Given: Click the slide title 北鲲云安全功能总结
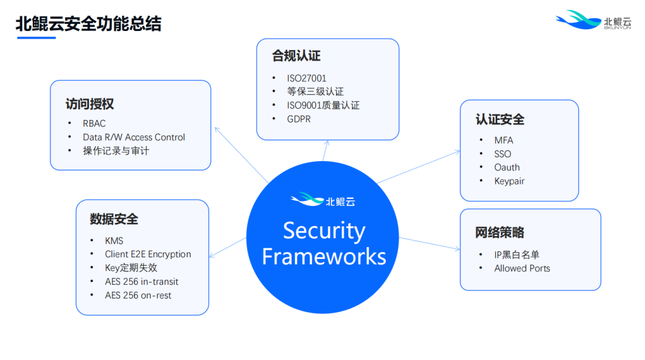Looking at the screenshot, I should pyautogui.click(x=88, y=24).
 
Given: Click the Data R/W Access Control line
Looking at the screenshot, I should pyautogui.click(x=134, y=137).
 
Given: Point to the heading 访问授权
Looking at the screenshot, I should pyautogui.click(x=90, y=104).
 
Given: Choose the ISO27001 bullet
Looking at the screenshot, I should pyautogui.click(x=306, y=78).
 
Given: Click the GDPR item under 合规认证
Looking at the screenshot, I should pyautogui.click(x=299, y=119).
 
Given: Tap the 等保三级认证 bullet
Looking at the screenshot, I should pyautogui.click(x=315, y=92).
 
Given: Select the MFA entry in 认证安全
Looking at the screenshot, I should pyautogui.click(x=503, y=140).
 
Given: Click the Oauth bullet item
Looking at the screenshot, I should pyautogui.click(x=507, y=167).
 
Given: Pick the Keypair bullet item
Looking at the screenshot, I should pyautogui.click(x=509, y=181).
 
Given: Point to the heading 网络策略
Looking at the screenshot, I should pyautogui.click(x=500, y=232).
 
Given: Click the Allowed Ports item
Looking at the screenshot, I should pyautogui.click(x=522, y=268).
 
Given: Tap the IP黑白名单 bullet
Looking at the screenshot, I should pyautogui.click(x=517, y=254).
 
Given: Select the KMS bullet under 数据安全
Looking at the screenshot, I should pyautogui.click(x=114, y=241).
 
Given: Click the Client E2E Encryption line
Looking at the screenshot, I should pyautogui.click(x=148, y=254).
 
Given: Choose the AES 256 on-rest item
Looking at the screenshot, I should pyautogui.click(x=138, y=295).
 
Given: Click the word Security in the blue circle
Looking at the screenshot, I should pyautogui.click(x=324, y=230).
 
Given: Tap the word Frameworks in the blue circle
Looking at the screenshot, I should pyautogui.click(x=324, y=257).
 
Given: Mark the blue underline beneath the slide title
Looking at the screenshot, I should pyautogui.click(x=36, y=38).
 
